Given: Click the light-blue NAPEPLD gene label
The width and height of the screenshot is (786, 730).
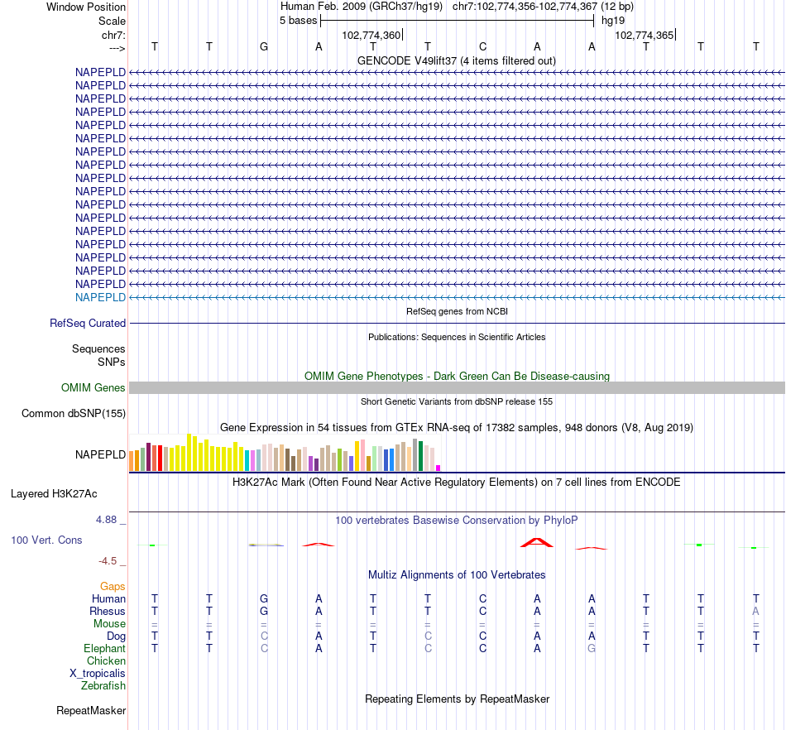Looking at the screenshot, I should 100,297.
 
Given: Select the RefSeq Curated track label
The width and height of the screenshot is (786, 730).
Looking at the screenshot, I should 88,324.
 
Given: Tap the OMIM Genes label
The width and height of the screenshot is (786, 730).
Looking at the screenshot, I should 93,387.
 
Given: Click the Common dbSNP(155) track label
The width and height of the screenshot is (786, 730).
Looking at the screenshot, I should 74,414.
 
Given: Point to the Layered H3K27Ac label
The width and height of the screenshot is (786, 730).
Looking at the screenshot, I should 54,494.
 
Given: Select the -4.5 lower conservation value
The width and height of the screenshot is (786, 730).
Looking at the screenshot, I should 111,560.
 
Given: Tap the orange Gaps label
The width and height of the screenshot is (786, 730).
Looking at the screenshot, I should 113,586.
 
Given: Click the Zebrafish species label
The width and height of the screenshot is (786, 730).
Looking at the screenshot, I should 103,685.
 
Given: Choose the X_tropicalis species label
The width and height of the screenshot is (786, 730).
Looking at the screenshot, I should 98,673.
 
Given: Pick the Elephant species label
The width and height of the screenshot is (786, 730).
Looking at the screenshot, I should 105,648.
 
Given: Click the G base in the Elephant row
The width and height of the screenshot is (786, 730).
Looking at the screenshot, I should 592,648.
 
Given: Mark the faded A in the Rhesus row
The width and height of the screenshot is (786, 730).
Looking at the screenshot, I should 755,611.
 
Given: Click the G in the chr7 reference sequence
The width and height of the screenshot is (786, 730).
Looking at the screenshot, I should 264,46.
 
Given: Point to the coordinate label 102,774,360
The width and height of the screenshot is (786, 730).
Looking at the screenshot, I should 371,35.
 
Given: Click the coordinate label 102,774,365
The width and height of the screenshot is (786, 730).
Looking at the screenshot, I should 645,35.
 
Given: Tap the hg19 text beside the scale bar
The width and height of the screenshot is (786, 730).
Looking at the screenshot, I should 613,20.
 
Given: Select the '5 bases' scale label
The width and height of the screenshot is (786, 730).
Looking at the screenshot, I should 298,20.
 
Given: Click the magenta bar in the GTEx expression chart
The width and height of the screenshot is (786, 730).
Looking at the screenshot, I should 438,468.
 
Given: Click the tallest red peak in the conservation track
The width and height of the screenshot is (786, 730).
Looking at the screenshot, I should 536,541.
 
